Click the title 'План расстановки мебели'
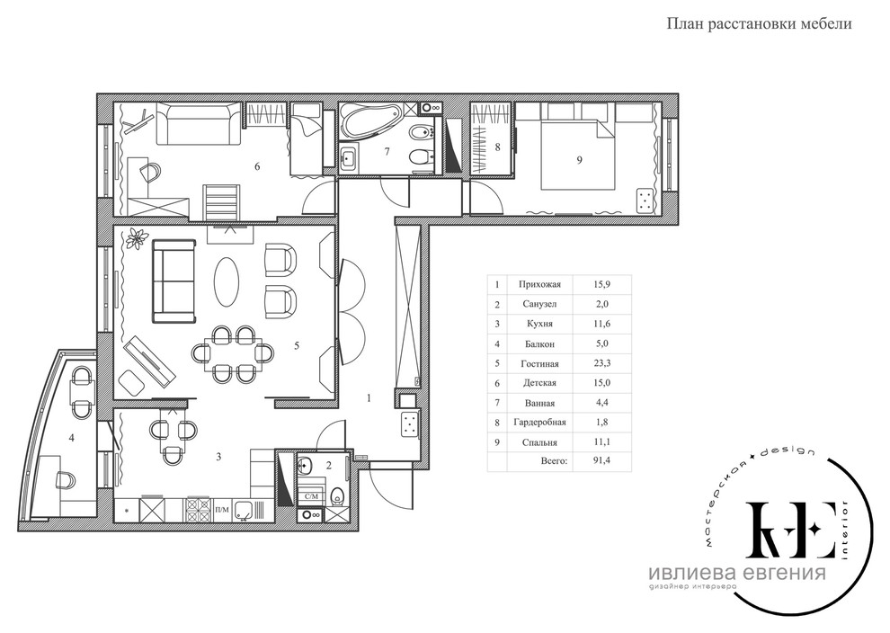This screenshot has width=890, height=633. [759, 24]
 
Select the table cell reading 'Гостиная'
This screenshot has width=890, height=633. [539, 364]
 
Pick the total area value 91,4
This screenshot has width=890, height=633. [601, 460]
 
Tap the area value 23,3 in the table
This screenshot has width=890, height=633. [601, 363]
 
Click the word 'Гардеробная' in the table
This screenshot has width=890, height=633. [539, 423]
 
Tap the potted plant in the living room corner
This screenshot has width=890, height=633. [137, 237]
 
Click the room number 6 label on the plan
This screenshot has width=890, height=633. [257, 166]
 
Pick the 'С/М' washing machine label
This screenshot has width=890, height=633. [312, 496]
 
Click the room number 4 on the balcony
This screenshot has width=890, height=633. [72, 438]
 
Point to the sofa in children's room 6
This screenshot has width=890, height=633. [197, 124]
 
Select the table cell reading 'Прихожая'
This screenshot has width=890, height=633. [539, 285]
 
